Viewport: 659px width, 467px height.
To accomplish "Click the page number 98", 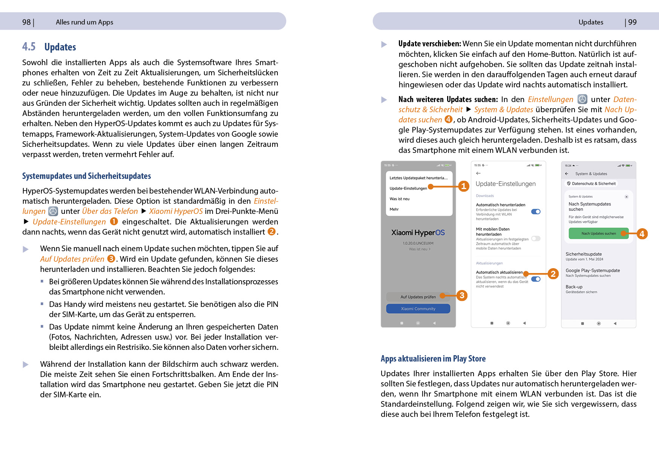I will [x=26, y=22].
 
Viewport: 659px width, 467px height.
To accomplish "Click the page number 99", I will [x=632, y=22].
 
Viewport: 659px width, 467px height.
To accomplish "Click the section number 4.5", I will [x=29, y=47].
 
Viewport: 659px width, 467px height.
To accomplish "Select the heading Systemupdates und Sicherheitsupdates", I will [x=86, y=176].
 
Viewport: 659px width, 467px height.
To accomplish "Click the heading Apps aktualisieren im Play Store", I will [x=433, y=359].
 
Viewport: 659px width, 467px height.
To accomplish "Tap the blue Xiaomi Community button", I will [x=418, y=309].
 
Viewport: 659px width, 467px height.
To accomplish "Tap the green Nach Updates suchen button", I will [x=598, y=233].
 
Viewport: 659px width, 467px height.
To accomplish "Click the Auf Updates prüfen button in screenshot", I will [x=418, y=297].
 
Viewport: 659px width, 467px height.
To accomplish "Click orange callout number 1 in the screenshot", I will [x=463, y=186].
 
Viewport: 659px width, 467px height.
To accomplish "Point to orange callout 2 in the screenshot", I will [x=553, y=274].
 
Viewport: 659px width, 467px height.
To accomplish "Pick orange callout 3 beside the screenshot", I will [x=462, y=295].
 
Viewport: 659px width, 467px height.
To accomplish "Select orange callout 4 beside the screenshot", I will [x=642, y=234].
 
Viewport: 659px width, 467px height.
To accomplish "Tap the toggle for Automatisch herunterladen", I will [x=536, y=212].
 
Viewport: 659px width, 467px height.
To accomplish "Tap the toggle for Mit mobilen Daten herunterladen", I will [x=536, y=238].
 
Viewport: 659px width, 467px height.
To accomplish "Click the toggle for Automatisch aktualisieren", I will [x=536, y=279].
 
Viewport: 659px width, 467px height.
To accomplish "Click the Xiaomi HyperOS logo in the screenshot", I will [x=418, y=233].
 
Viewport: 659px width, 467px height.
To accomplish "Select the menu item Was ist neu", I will [x=399, y=199].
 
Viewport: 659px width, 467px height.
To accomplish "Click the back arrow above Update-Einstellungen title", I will [x=478, y=173].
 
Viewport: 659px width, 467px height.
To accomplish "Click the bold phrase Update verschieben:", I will [x=429, y=44].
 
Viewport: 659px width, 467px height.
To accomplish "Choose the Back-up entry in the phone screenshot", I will [x=574, y=287].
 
